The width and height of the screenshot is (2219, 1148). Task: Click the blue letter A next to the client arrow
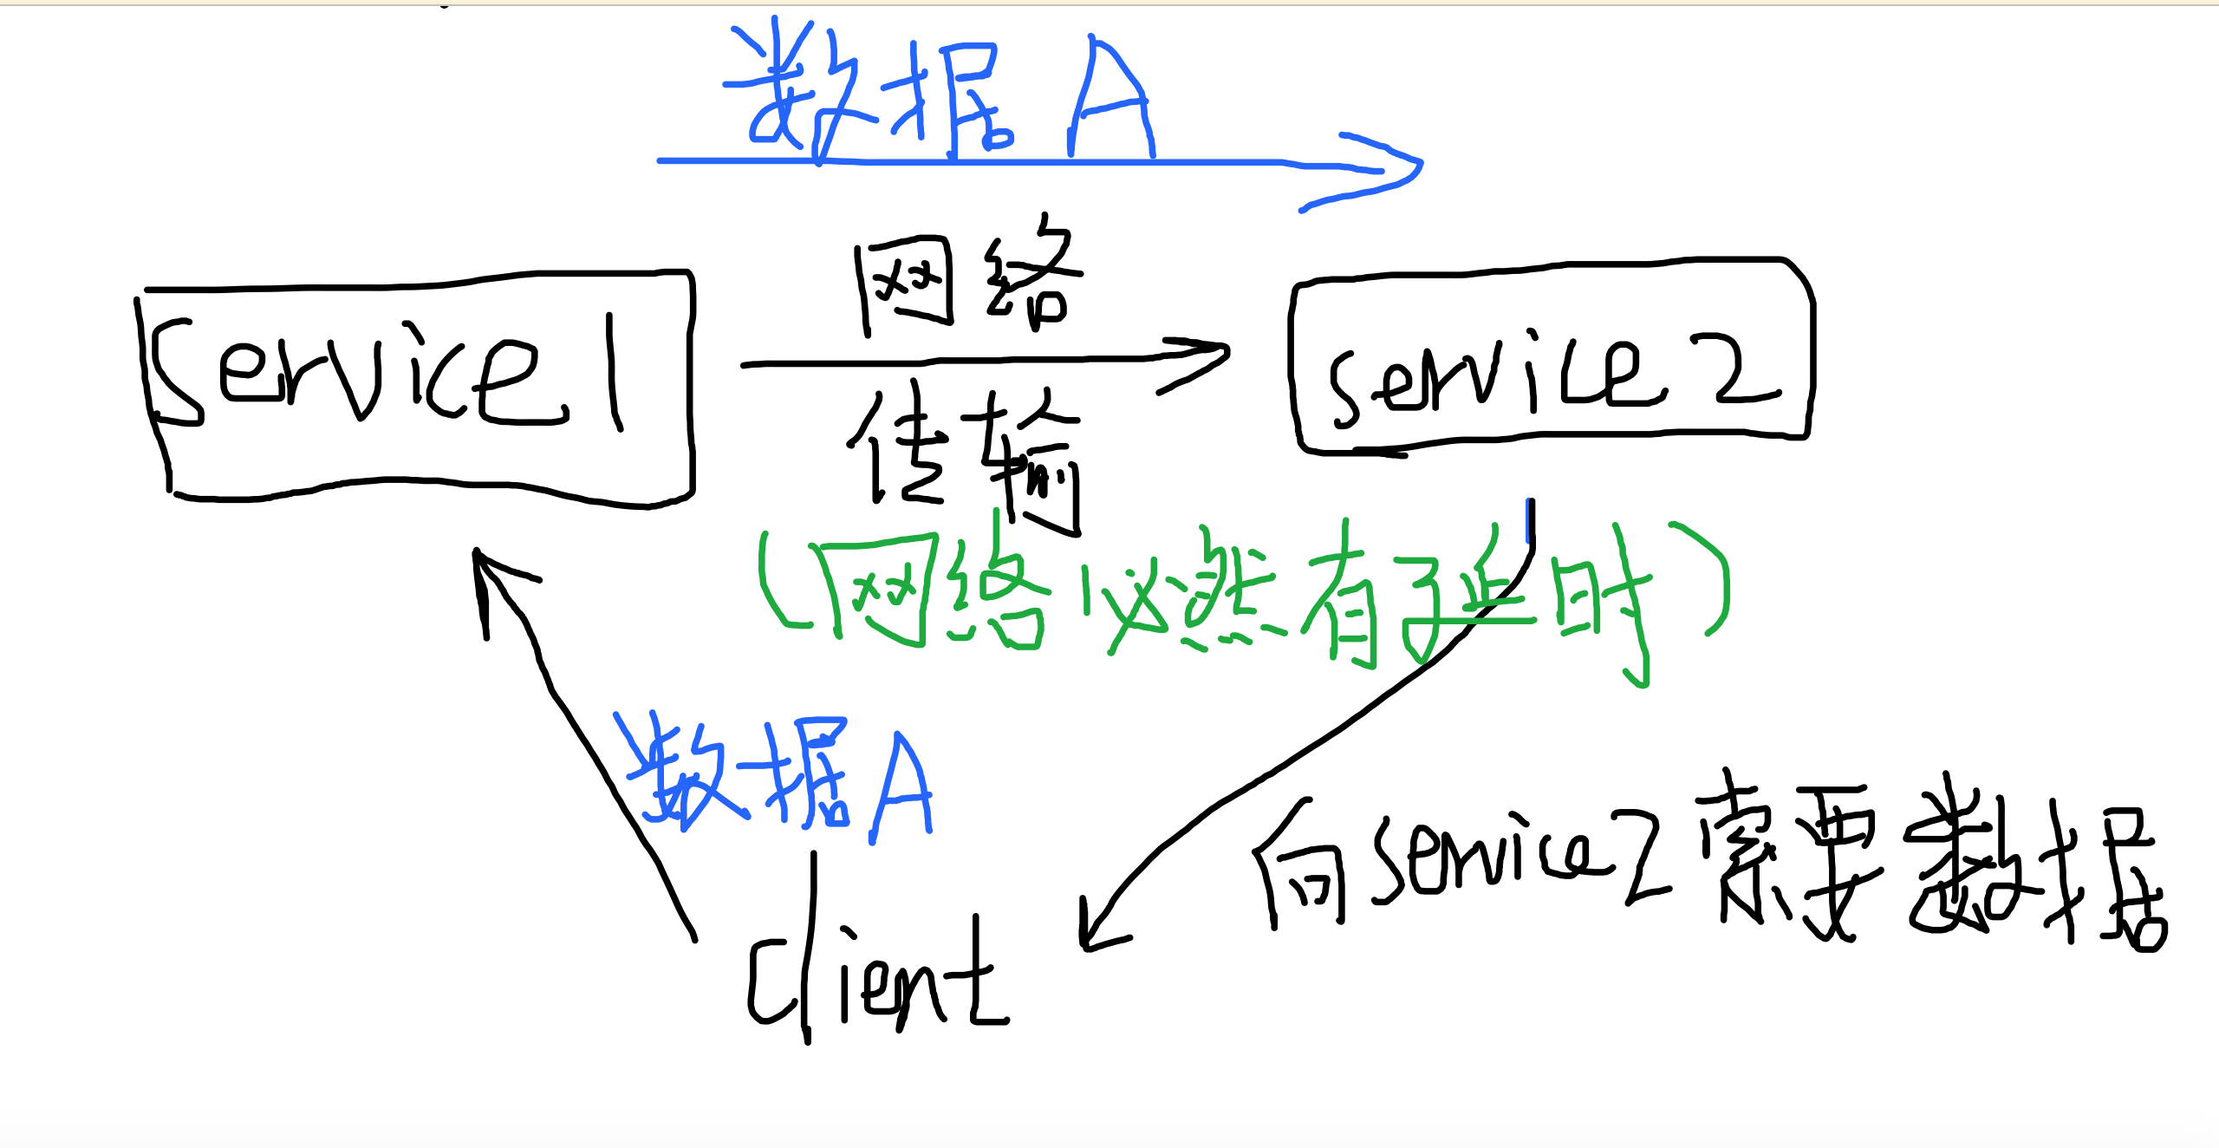point(901,785)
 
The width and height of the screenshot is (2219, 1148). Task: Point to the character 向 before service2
point(1300,867)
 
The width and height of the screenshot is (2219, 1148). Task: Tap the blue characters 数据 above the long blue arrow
point(867,95)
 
